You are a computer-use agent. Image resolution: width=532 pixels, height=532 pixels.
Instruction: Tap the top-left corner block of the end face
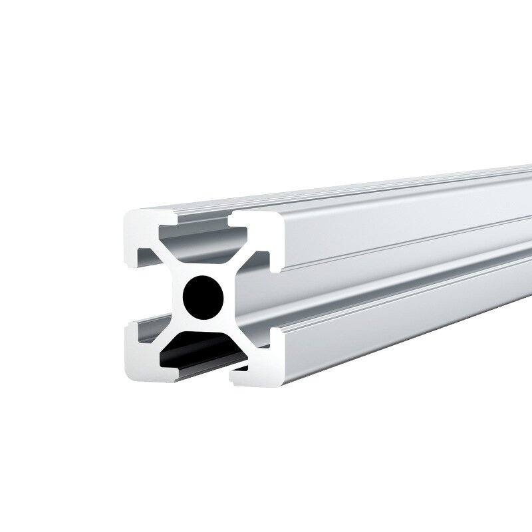(142, 230)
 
